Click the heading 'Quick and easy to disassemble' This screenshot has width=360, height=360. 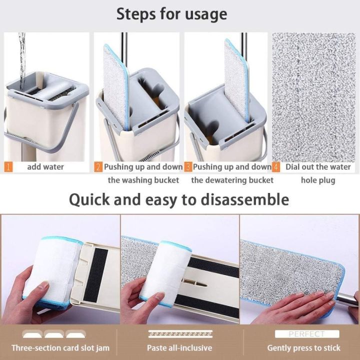point(178,200)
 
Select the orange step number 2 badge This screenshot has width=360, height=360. point(98,166)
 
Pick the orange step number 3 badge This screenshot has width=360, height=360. point(188,166)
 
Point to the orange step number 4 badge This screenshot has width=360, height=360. point(275,166)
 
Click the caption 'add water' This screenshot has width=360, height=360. point(45,167)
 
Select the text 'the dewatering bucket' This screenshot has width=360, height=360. point(232,180)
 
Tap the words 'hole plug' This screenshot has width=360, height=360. point(318,180)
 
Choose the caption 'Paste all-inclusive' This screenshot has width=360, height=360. point(179,347)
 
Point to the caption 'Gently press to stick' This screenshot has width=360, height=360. point(303,347)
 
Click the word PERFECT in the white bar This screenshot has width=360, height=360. point(306,334)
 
